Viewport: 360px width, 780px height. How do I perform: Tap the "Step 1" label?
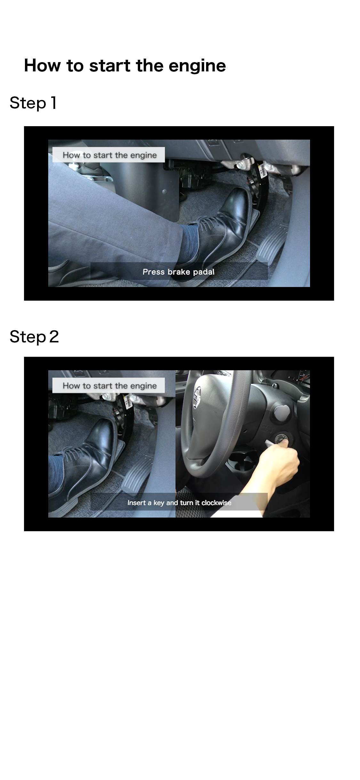[x=33, y=103]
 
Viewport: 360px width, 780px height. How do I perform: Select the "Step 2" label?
[x=34, y=337]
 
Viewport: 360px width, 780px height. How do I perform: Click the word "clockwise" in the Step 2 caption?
[x=216, y=503]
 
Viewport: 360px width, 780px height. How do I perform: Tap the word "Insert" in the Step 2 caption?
[x=136, y=503]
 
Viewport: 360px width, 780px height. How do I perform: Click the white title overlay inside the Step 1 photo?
[x=109, y=155]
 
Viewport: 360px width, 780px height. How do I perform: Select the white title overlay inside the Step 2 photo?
[x=109, y=386]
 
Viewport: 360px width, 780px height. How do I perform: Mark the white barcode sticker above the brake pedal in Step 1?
[x=262, y=170]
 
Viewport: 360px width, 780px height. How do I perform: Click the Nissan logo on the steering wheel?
[x=197, y=397]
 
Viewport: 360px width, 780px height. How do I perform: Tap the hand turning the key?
[x=278, y=464]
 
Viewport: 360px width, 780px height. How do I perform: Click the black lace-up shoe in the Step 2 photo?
[x=83, y=461]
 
